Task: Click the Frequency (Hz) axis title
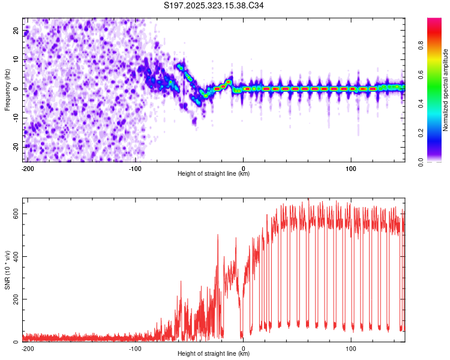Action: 8,89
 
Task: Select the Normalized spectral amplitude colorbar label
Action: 446,90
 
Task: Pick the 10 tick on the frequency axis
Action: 17,60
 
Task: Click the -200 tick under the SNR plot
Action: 27,348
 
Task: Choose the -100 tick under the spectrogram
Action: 135,168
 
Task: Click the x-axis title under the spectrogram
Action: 214,174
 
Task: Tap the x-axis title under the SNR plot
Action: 214,354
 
